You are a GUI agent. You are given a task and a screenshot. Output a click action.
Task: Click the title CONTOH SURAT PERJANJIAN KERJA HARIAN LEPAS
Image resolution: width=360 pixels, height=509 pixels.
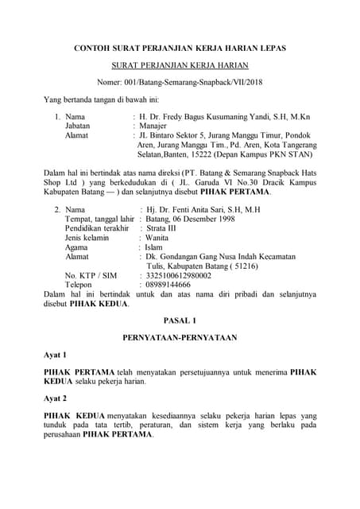180,49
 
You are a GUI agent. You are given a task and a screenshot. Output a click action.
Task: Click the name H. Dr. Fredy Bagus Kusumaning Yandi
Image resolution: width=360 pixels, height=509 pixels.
209,116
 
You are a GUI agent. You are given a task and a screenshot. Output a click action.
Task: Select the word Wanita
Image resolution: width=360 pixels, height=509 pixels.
158,238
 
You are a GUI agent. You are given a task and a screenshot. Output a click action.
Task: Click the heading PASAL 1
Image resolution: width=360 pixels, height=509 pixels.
180,320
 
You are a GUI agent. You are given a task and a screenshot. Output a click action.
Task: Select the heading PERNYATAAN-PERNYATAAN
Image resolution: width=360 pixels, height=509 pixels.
180,337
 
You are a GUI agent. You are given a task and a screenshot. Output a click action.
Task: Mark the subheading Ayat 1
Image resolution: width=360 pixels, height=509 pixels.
55,354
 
